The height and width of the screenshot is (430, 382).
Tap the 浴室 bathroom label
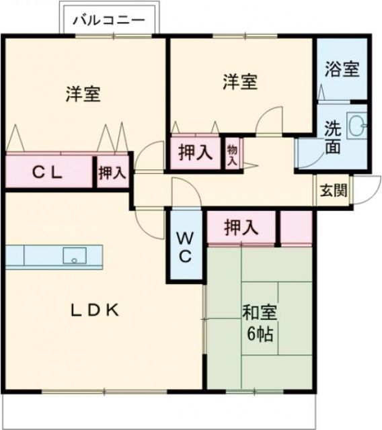coord(342,69)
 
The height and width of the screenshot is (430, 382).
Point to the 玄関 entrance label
coord(333,191)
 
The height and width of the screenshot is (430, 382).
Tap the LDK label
coord(95,310)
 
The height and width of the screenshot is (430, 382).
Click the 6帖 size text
coord(259,334)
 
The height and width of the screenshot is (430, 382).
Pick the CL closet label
coord(48,172)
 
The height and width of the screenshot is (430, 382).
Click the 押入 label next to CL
coord(112,173)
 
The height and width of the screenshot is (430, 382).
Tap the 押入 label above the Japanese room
coord(241,228)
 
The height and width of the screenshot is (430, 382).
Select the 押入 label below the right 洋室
coord(195,153)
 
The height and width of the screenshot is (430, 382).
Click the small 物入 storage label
coord(232,154)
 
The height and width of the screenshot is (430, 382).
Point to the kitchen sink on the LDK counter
coord(73,255)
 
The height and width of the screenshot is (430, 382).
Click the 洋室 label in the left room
coord(83,94)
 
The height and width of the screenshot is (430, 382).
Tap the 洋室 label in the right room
coord(240,82)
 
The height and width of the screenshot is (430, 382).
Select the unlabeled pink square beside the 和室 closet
coord(296,227)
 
